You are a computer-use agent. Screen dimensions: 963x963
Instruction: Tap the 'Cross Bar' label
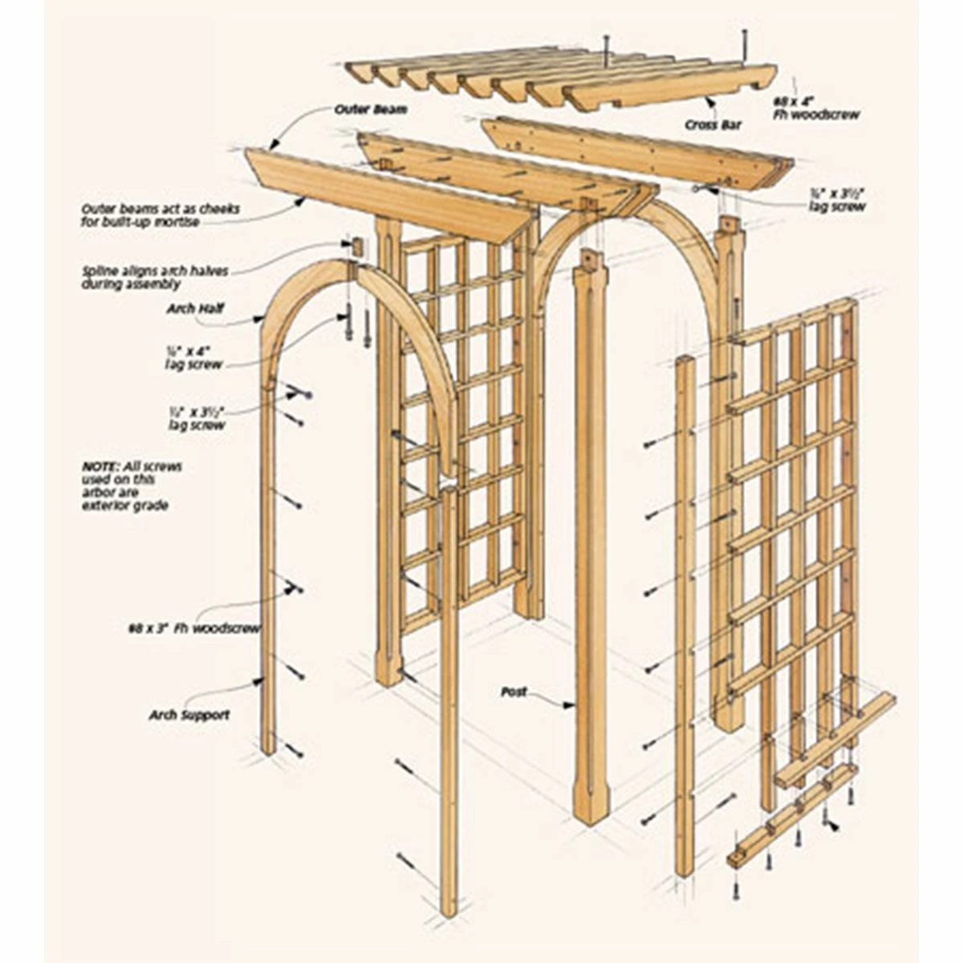(712, 125)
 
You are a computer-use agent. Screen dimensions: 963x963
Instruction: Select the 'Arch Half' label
(196, 308)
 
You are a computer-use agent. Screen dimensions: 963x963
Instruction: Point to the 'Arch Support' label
(189, 713)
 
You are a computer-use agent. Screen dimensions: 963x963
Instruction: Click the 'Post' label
(514, 691)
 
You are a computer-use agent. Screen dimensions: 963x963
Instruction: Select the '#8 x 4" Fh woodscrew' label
(815, 108)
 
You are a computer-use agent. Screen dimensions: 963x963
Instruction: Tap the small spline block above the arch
(354, 246)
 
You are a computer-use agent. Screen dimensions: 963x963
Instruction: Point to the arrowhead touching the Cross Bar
(709, 102)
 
